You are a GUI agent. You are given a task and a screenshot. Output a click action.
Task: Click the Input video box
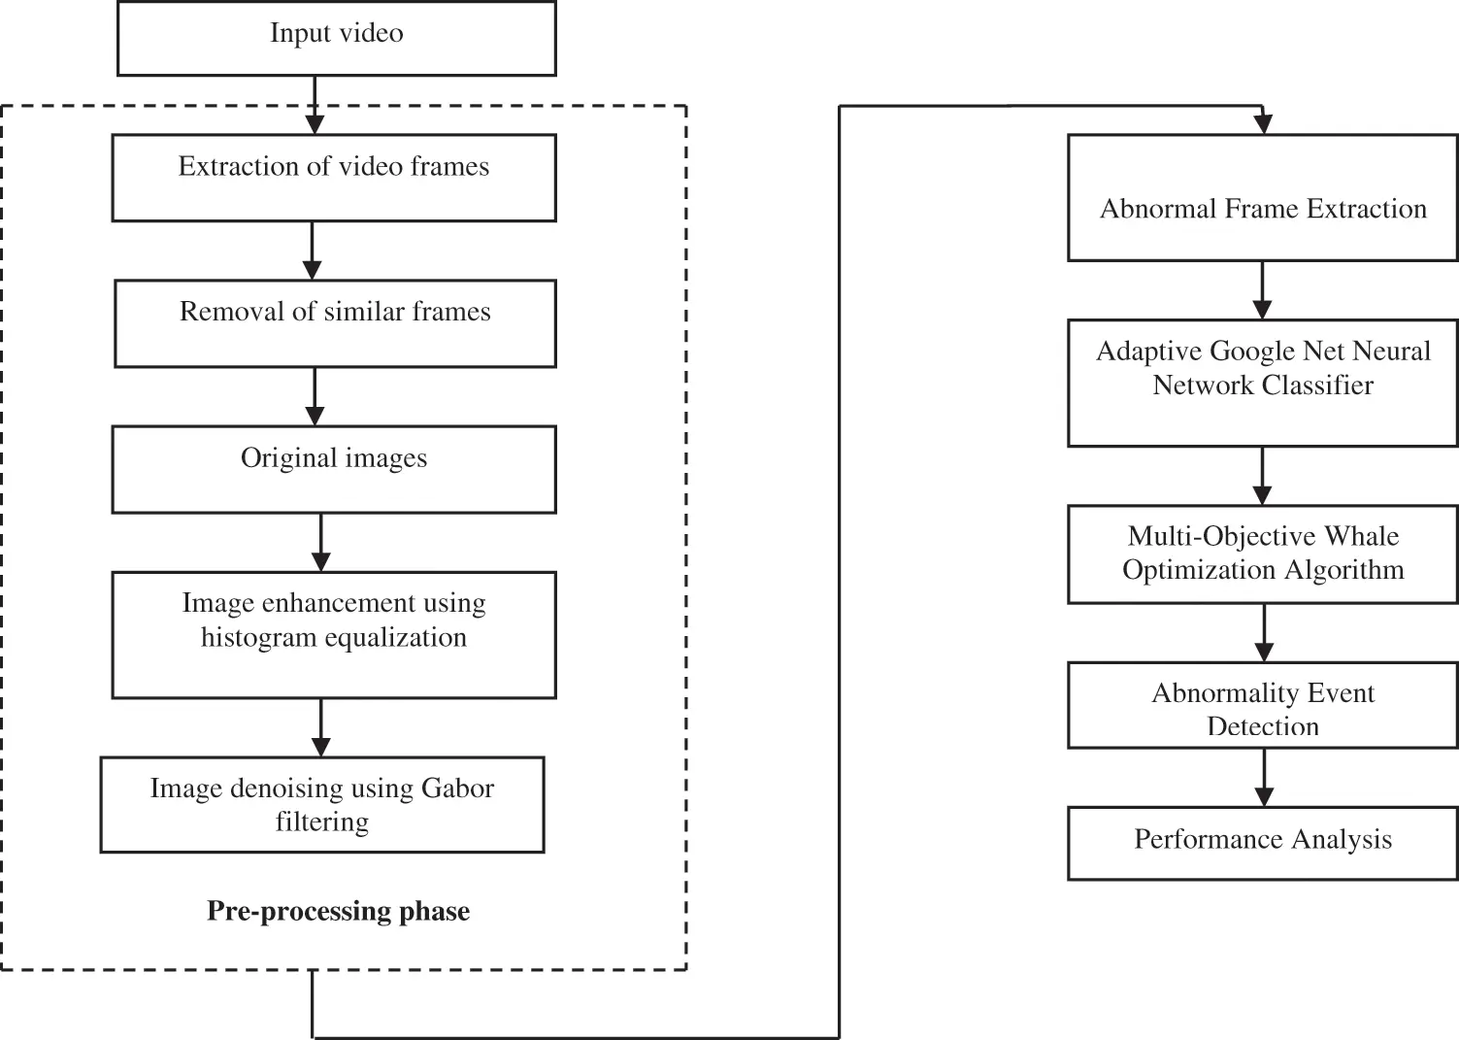pyautogui.click(x=336, y=38)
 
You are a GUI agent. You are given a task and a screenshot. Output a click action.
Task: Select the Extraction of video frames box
pyautogui.click(x=334, y=178)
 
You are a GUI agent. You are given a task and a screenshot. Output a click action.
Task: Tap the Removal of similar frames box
pyautogui.click(x=335, y=323)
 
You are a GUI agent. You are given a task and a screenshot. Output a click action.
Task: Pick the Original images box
pyautogui.click(x=334, y=469)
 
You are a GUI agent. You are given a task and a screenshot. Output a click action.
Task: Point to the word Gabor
pyautogui.click(x=457, y=788)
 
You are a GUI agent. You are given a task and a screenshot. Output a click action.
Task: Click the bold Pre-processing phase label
pyautogui.click(x=338, y=911)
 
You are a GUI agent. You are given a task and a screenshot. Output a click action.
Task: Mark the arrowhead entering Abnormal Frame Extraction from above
pyautogui.click(x=1262, y=124)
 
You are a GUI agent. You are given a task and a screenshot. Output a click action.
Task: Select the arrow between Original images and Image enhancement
pyautogui.click(x=321, y=542)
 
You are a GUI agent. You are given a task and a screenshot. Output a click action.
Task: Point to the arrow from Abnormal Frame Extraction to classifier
pyautogui.click(x=1262, y=289)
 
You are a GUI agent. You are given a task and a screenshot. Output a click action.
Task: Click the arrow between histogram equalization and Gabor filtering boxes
pyautogui.click(x=321, y=727)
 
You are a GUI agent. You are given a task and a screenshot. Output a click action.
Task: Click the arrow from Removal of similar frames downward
pyautogui.click(x=315, y=396)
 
